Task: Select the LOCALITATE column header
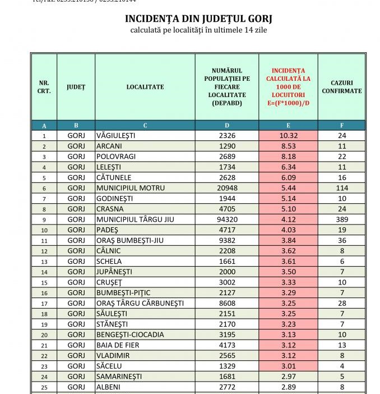coord(145,87)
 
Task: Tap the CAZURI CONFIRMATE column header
coord(342,86)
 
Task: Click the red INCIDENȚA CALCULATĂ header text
coord(288,87)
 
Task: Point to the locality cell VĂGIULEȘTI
coord(116,135)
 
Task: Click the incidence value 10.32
coord(288,135)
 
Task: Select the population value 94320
coord(227,219)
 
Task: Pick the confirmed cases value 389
coord(342,219)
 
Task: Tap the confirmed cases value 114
coord(342,188)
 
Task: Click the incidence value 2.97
coord(288,376)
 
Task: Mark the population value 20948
coord(227,188)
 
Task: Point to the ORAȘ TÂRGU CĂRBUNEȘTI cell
coord(140,303)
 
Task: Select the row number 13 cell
coord(44,261)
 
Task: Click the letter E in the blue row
coord(288,125)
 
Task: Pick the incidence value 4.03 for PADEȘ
coord(288,230)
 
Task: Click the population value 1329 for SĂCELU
coord(227,366)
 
